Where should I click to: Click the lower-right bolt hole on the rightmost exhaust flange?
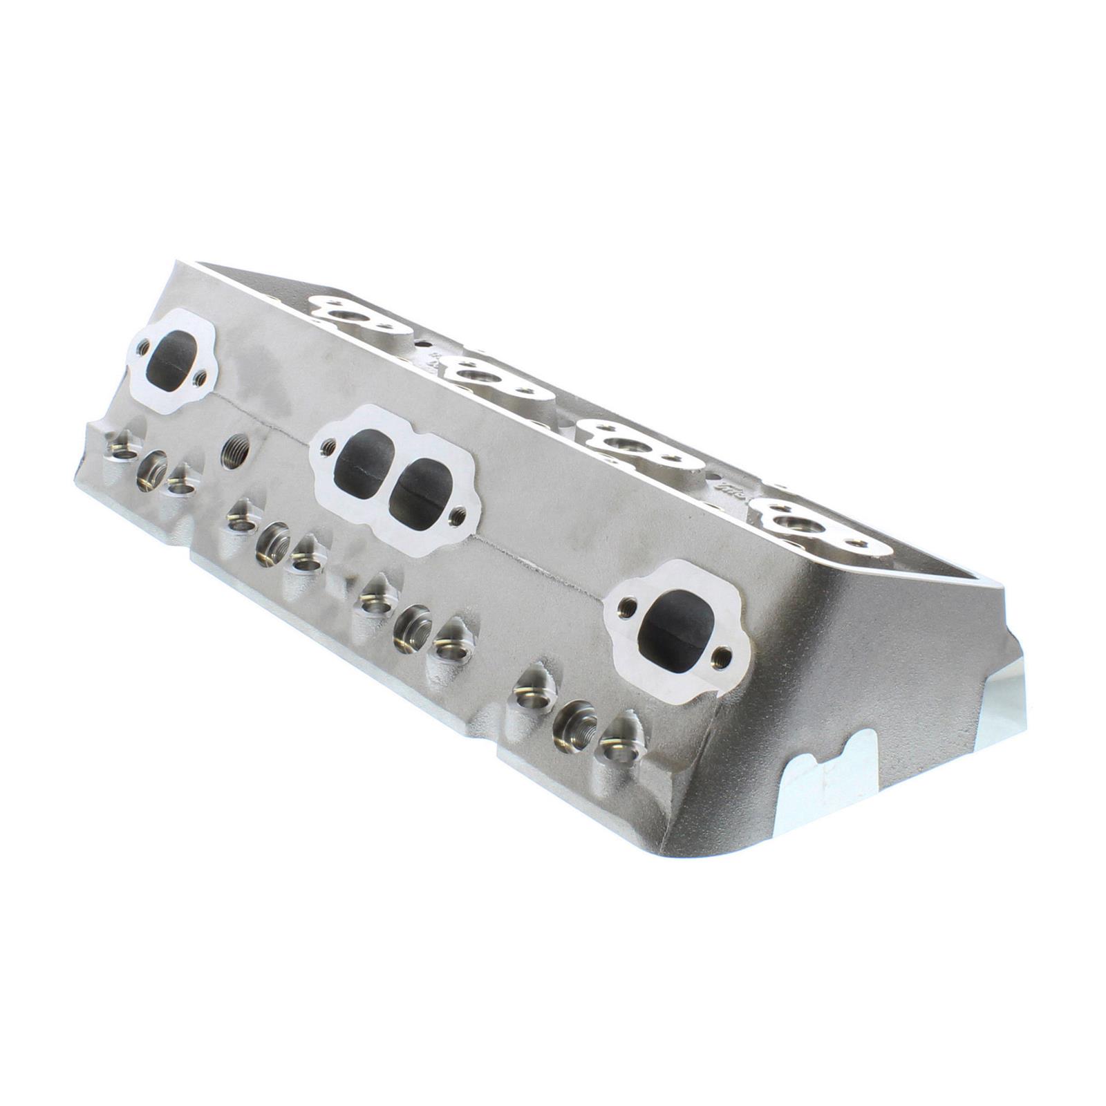pos(723,653)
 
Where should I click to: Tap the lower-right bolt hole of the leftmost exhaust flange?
pos(200,377)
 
